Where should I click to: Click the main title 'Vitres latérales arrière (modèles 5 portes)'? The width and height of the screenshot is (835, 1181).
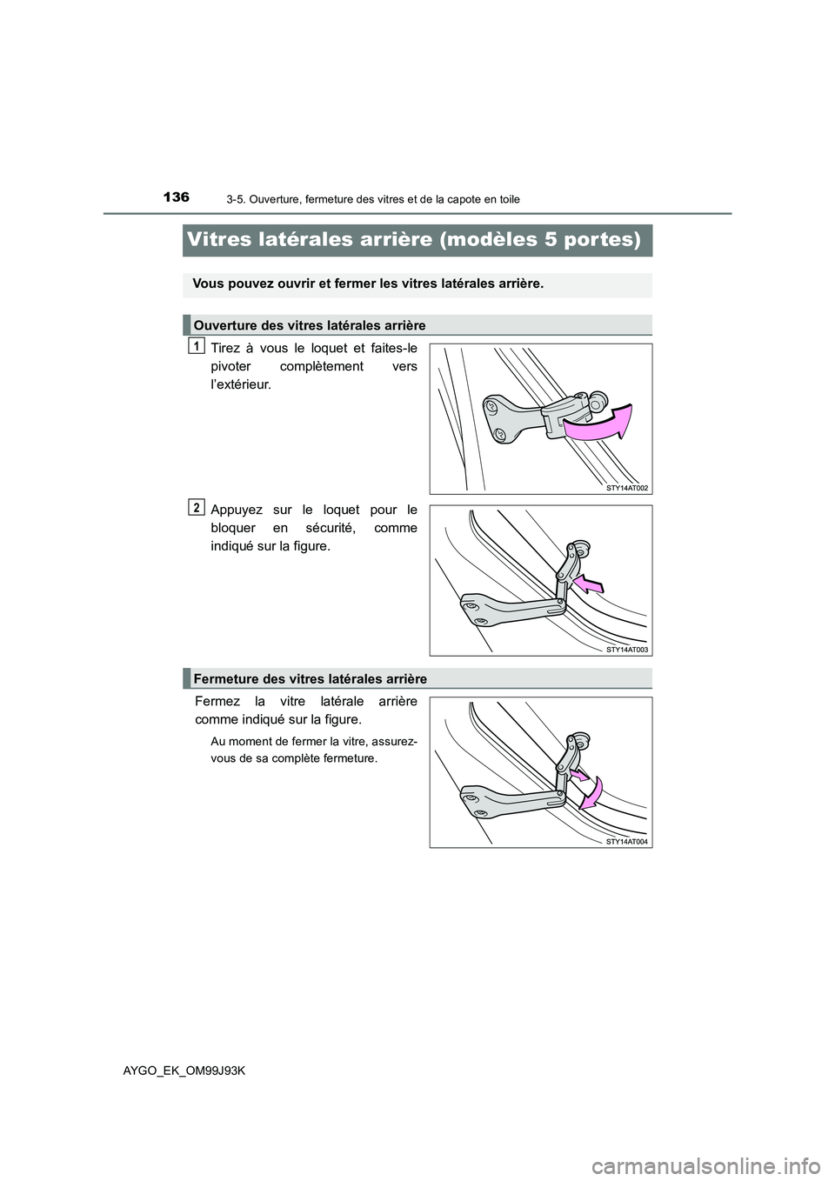pos(417,239)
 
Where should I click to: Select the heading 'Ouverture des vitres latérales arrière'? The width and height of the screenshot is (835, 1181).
pos(309,325)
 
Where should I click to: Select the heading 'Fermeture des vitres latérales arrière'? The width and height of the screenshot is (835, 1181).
pos(310,678)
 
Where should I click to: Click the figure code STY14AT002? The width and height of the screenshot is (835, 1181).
pos(627,488)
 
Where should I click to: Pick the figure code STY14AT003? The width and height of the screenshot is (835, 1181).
pos(627,649)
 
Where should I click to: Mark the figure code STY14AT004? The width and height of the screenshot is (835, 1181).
pos(627,842)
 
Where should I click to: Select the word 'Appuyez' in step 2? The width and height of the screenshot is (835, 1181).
pos(236,509)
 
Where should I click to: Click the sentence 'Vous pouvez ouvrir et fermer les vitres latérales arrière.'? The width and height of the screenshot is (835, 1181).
pos(368,285)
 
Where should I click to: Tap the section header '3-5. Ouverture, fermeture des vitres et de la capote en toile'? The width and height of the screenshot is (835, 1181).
pos(366,199)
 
